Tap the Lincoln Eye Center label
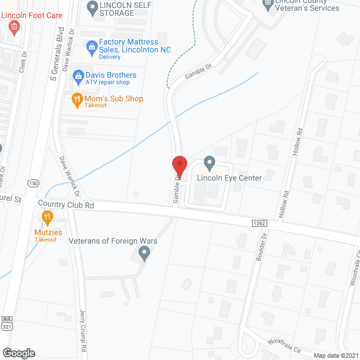coord(229,178)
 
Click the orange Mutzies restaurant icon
coord(47,217)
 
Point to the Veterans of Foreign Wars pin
coord(144,255)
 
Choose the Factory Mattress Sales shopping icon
coord(91,46)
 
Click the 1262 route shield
coord(258,223)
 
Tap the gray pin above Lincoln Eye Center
coord(209,164)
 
